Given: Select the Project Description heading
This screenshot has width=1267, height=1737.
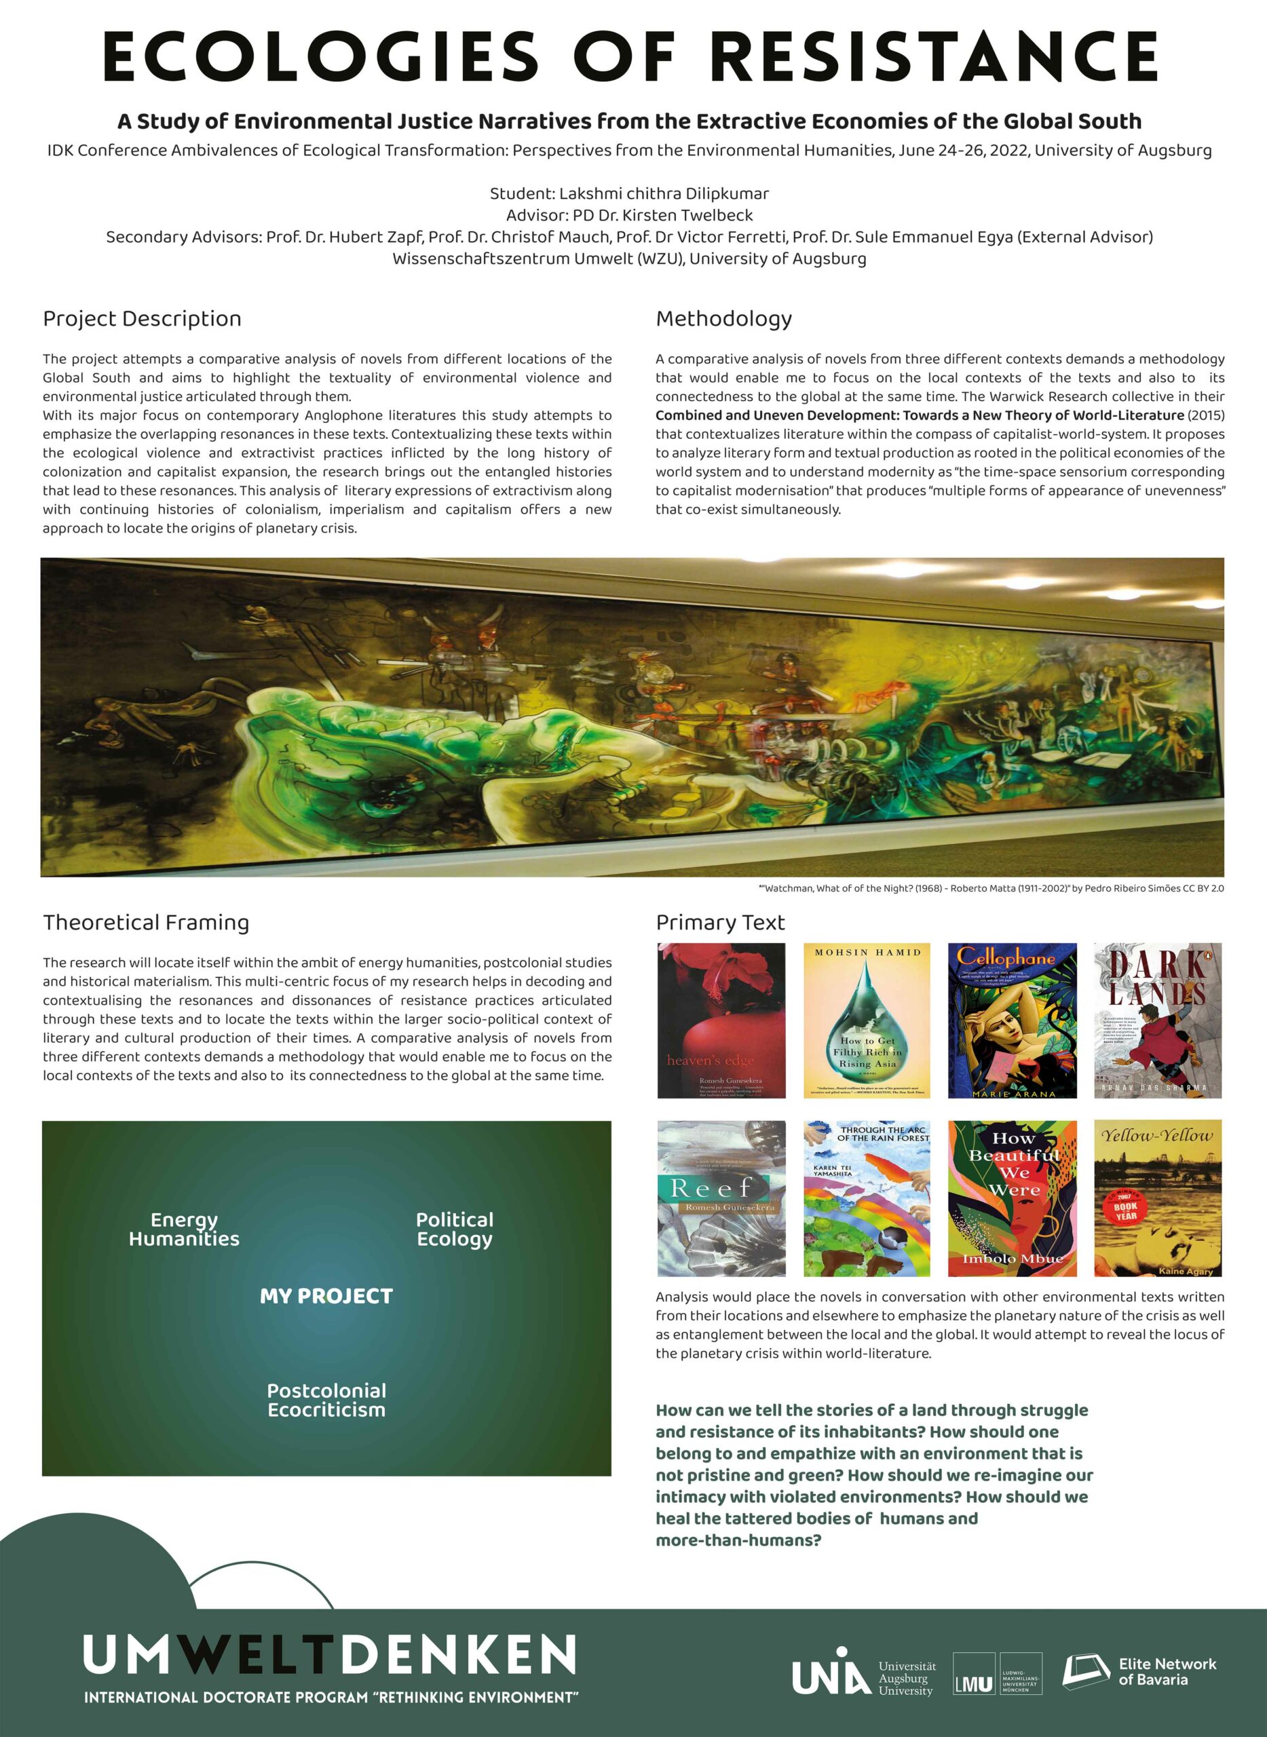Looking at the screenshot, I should [x=142, y=318].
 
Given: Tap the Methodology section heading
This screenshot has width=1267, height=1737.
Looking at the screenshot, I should [x=723, y=318].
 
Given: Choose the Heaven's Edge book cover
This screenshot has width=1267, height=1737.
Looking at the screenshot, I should [x=721, y=1020].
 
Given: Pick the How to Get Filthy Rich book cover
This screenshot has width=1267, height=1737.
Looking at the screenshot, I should [x=867, y=1020].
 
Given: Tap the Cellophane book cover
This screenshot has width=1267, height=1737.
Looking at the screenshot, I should [x=1013, y=1020].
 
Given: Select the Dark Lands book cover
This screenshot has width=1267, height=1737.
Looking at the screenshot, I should [x=1157, y=1020].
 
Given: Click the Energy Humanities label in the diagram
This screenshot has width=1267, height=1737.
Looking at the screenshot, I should [x=184, y=1229].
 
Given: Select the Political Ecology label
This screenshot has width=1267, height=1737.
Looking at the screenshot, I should [x=455, y=1229].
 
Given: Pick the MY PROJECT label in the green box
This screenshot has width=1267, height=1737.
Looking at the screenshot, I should [x=326, y=1296].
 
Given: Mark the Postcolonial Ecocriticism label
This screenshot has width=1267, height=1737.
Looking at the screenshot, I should [x=326, y=1400].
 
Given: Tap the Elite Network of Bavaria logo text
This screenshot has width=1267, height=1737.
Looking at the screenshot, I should [x=1167, y=1672].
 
